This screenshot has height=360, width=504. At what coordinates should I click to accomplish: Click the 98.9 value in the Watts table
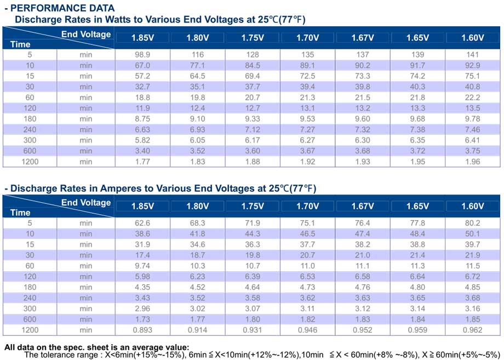click(142, 55)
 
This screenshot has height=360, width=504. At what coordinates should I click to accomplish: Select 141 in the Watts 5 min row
click(472, 55)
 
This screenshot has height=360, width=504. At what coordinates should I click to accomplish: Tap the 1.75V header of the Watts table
click(253, 38)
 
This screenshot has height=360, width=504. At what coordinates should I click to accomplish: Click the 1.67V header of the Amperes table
click(363, 206)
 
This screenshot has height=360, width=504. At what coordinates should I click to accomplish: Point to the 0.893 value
click(142, 330)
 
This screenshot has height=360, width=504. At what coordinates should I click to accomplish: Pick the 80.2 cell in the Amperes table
click(472, 223)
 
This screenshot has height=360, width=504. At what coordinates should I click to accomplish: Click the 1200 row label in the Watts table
click(30, 162)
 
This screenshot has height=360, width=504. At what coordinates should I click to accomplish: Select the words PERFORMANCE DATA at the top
click(62, 8)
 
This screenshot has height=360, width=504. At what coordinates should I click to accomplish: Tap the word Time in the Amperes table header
click(20, 213)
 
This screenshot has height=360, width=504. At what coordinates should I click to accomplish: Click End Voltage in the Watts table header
click(86, 34)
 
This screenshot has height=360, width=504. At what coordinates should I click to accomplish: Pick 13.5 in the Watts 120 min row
click(472, 108)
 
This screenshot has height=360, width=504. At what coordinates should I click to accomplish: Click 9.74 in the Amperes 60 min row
click(142, 266)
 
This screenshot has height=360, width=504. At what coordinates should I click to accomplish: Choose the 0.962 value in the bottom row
click(472, 330)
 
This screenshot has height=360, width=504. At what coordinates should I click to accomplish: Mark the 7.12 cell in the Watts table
click(253, 129)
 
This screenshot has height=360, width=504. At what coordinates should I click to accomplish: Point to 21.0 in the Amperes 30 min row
click(363, 255)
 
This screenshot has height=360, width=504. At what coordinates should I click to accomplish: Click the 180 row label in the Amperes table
click(30, 287)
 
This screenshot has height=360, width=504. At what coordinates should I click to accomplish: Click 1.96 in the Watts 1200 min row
click(472, 162)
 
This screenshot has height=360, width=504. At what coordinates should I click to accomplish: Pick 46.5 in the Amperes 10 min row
click(308, 233)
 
